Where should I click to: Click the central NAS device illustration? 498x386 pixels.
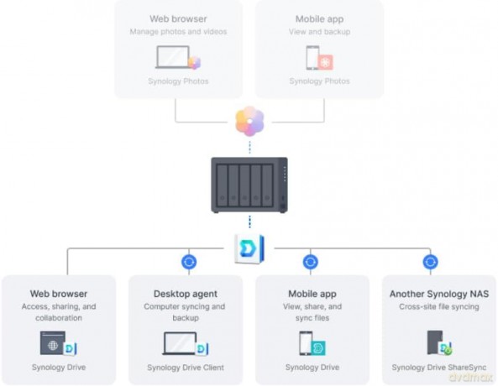click(x=249, y=185)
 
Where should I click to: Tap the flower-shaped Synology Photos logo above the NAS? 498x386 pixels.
click(x=249, y=121)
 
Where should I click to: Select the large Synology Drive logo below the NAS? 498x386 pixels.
click(x=249, y=249)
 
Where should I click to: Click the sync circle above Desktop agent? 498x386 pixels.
click(x=189, y=262)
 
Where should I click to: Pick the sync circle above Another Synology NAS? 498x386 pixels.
click(x=430, y=262)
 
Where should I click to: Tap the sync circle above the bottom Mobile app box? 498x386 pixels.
click(x=310, y=262)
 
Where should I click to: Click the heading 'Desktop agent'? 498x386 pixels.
click(x=186, y=294)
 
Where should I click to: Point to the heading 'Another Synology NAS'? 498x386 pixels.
click(x=439, y=294)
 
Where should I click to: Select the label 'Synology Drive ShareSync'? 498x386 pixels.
click(x=439, y=368)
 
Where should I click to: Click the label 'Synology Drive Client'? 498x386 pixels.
click(x=186, y=368)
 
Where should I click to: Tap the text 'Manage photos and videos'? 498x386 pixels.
click(x=178, y=32)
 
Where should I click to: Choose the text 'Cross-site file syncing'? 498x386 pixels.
click(x=439, y=306)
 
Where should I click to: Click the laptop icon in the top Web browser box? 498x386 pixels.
click(x=173, y=57)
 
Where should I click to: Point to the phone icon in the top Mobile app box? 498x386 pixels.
click(x=312, y=57)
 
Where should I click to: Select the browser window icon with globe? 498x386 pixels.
click(x=53, y=343)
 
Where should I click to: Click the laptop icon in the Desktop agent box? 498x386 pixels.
click(x=180, y=343)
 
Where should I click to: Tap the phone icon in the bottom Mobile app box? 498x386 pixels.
click(x=306, y=343)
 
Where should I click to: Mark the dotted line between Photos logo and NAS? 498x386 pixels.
click(x=249, y=148)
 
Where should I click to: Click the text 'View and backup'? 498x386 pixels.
click(x=319, y=32)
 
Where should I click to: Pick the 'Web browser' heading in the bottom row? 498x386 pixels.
click(x=59, y=294)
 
